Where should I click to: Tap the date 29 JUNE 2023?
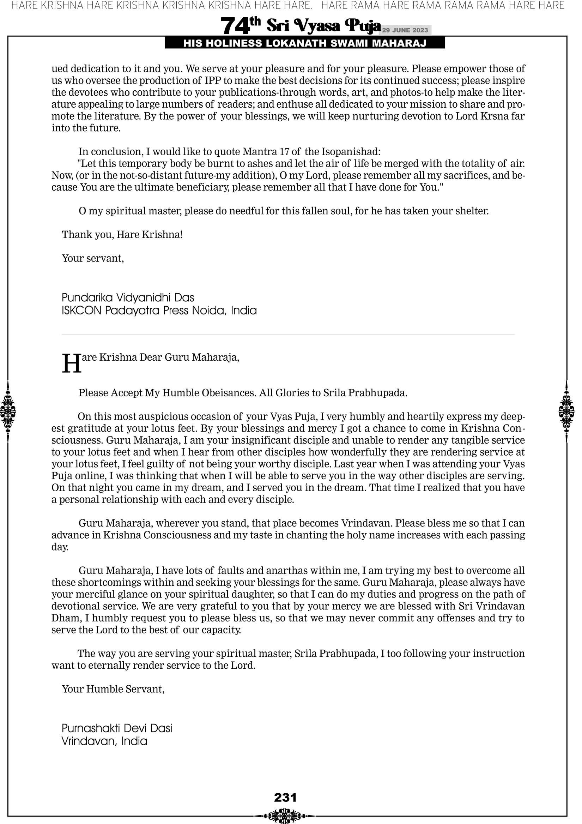[x=405, y=30]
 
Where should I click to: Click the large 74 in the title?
[x=235, y=26]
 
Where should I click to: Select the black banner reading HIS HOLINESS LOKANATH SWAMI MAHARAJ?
[x=305, y=43]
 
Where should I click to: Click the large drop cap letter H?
[x=71, y=364]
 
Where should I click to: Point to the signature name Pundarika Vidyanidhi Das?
[x=128, y=297]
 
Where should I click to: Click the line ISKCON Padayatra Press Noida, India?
[x=159, y=311]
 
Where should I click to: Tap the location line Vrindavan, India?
[x=104, y=741]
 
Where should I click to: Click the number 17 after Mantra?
[x=285, y=151]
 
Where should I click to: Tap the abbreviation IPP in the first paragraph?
[x=213, y=80]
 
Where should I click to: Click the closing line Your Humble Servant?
[x=113, y=689]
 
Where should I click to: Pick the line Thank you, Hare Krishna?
[x=122, y=235]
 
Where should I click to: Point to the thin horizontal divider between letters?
[x=288, y=335]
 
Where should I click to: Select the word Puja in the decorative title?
[x=362, y=26]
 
